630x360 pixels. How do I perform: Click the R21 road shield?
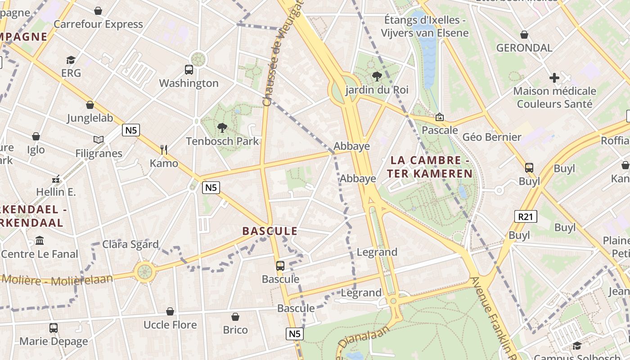click(525, 216)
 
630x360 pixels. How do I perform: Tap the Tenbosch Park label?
click(222, 141)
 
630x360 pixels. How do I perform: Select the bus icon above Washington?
click(189, 70)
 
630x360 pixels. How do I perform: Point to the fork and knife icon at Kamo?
click(164, 150)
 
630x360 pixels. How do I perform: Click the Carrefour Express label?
click(98, 24)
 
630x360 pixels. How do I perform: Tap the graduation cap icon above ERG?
click(71, 60)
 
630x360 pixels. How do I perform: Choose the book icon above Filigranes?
click(99, 139)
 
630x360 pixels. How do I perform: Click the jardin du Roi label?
click(377, 90)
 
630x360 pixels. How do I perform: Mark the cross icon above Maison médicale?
click(554, 78)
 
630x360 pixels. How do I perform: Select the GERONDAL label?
click(524, 48)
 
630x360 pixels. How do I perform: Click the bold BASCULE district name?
click(270, 231)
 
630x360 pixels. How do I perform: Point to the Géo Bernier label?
click(492, 137)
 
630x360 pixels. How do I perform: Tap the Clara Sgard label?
click(130, 244)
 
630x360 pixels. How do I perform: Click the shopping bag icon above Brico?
click(235, 317)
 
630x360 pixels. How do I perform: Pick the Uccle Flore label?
click(170, 325)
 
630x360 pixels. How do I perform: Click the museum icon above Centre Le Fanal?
click(40, 241)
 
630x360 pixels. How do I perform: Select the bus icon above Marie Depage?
click(54, 328)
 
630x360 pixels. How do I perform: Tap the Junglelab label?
click(90, 118)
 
